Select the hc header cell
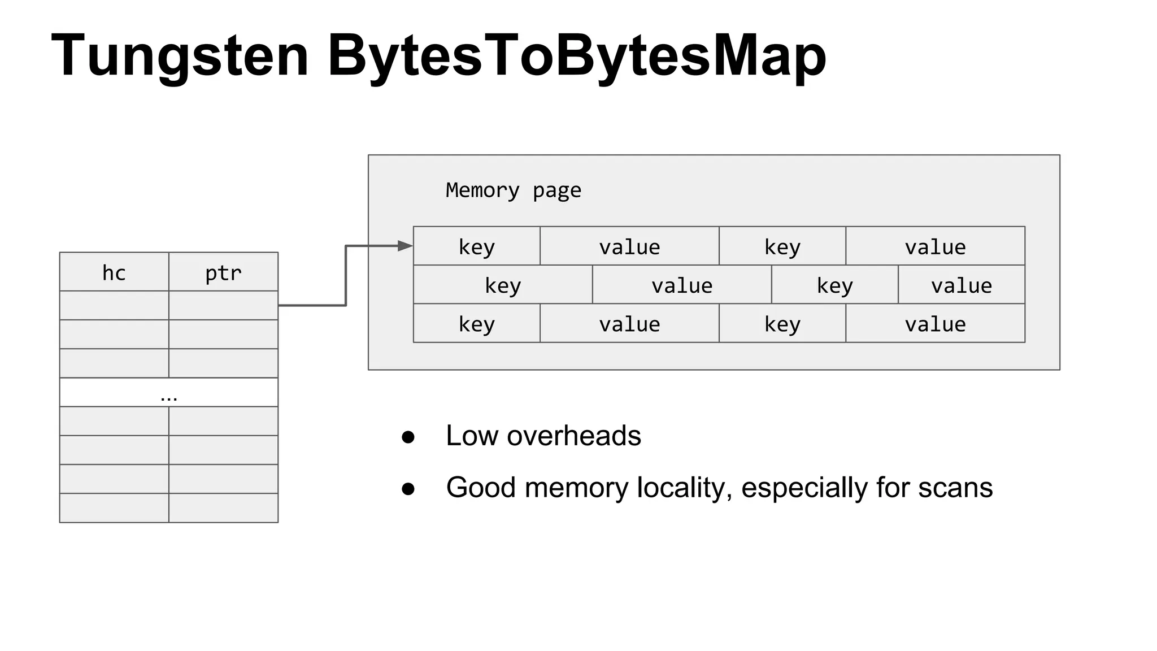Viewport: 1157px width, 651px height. [x=114, y=272]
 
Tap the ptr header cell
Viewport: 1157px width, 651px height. [x=223, y=272]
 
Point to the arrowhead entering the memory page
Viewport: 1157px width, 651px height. [x=405, y=246]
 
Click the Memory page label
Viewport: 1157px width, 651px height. [x=513, y=190]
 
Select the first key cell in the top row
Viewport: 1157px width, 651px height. [x=476, y=246]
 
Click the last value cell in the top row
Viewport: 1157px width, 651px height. [x=935, y=246]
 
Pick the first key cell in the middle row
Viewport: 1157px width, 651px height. [x=503, y=285]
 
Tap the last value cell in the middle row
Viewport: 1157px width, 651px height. [x=961, y=285]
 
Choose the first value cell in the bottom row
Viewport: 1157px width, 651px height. [x=629, y=324]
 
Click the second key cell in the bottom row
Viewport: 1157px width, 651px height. [x=782, y=324]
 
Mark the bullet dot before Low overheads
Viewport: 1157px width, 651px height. [x=408, y=437]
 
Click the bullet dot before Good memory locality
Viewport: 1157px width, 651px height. [x=408, y=489]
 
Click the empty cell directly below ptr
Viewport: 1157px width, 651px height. [x=223, y=306]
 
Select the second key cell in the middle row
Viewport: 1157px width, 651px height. [x=834, y=285]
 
